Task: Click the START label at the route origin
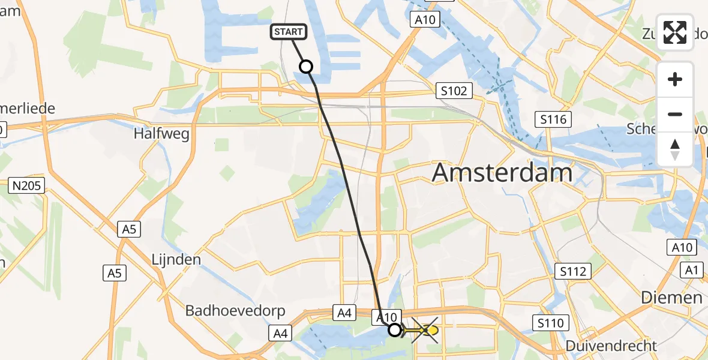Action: tap(290, 32)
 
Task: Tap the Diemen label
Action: tap(671, 297)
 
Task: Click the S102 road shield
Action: tap(454, 91)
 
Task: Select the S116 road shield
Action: tap(553, 119)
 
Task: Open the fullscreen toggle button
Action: tap(675, 32)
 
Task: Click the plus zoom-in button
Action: tap(675, 79)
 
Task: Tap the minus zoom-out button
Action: tap(675, 114)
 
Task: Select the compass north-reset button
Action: tap(675, 149)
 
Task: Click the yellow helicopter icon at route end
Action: tap(425, 330)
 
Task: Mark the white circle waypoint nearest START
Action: tap(306, 67)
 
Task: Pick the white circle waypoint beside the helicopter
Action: tap(394, 330)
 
